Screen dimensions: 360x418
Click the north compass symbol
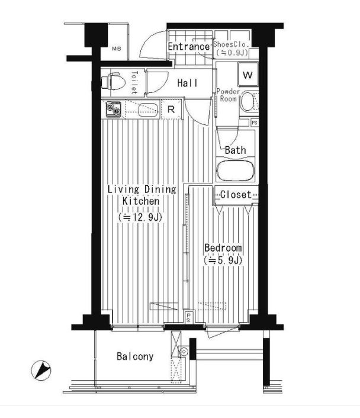[x=41, y=370]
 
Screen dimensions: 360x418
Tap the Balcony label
[x=135, y=356]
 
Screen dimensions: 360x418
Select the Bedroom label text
[x=223, y=247]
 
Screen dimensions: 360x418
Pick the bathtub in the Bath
[x=236, y=169]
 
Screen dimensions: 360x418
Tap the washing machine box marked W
[x=248, y=75]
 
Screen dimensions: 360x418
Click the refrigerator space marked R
[x=171, y=109]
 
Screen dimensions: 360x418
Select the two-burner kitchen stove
[x=113, y=110]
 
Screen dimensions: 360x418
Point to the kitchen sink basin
[x=148, y=110]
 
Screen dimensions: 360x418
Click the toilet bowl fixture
[x=113, y=81]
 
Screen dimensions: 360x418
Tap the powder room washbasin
[x=247, y=101]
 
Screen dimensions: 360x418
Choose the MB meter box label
[x=117, y=49]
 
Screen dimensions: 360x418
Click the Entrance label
[x=188, y=47]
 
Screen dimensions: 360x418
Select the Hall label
[x=188, y=83]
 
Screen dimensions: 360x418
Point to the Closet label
[x=236, y=195]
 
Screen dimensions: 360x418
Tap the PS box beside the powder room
[x=255, y=123]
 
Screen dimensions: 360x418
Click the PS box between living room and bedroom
[x=188, y=317]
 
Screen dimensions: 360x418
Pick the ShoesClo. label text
[x=231, y=44]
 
